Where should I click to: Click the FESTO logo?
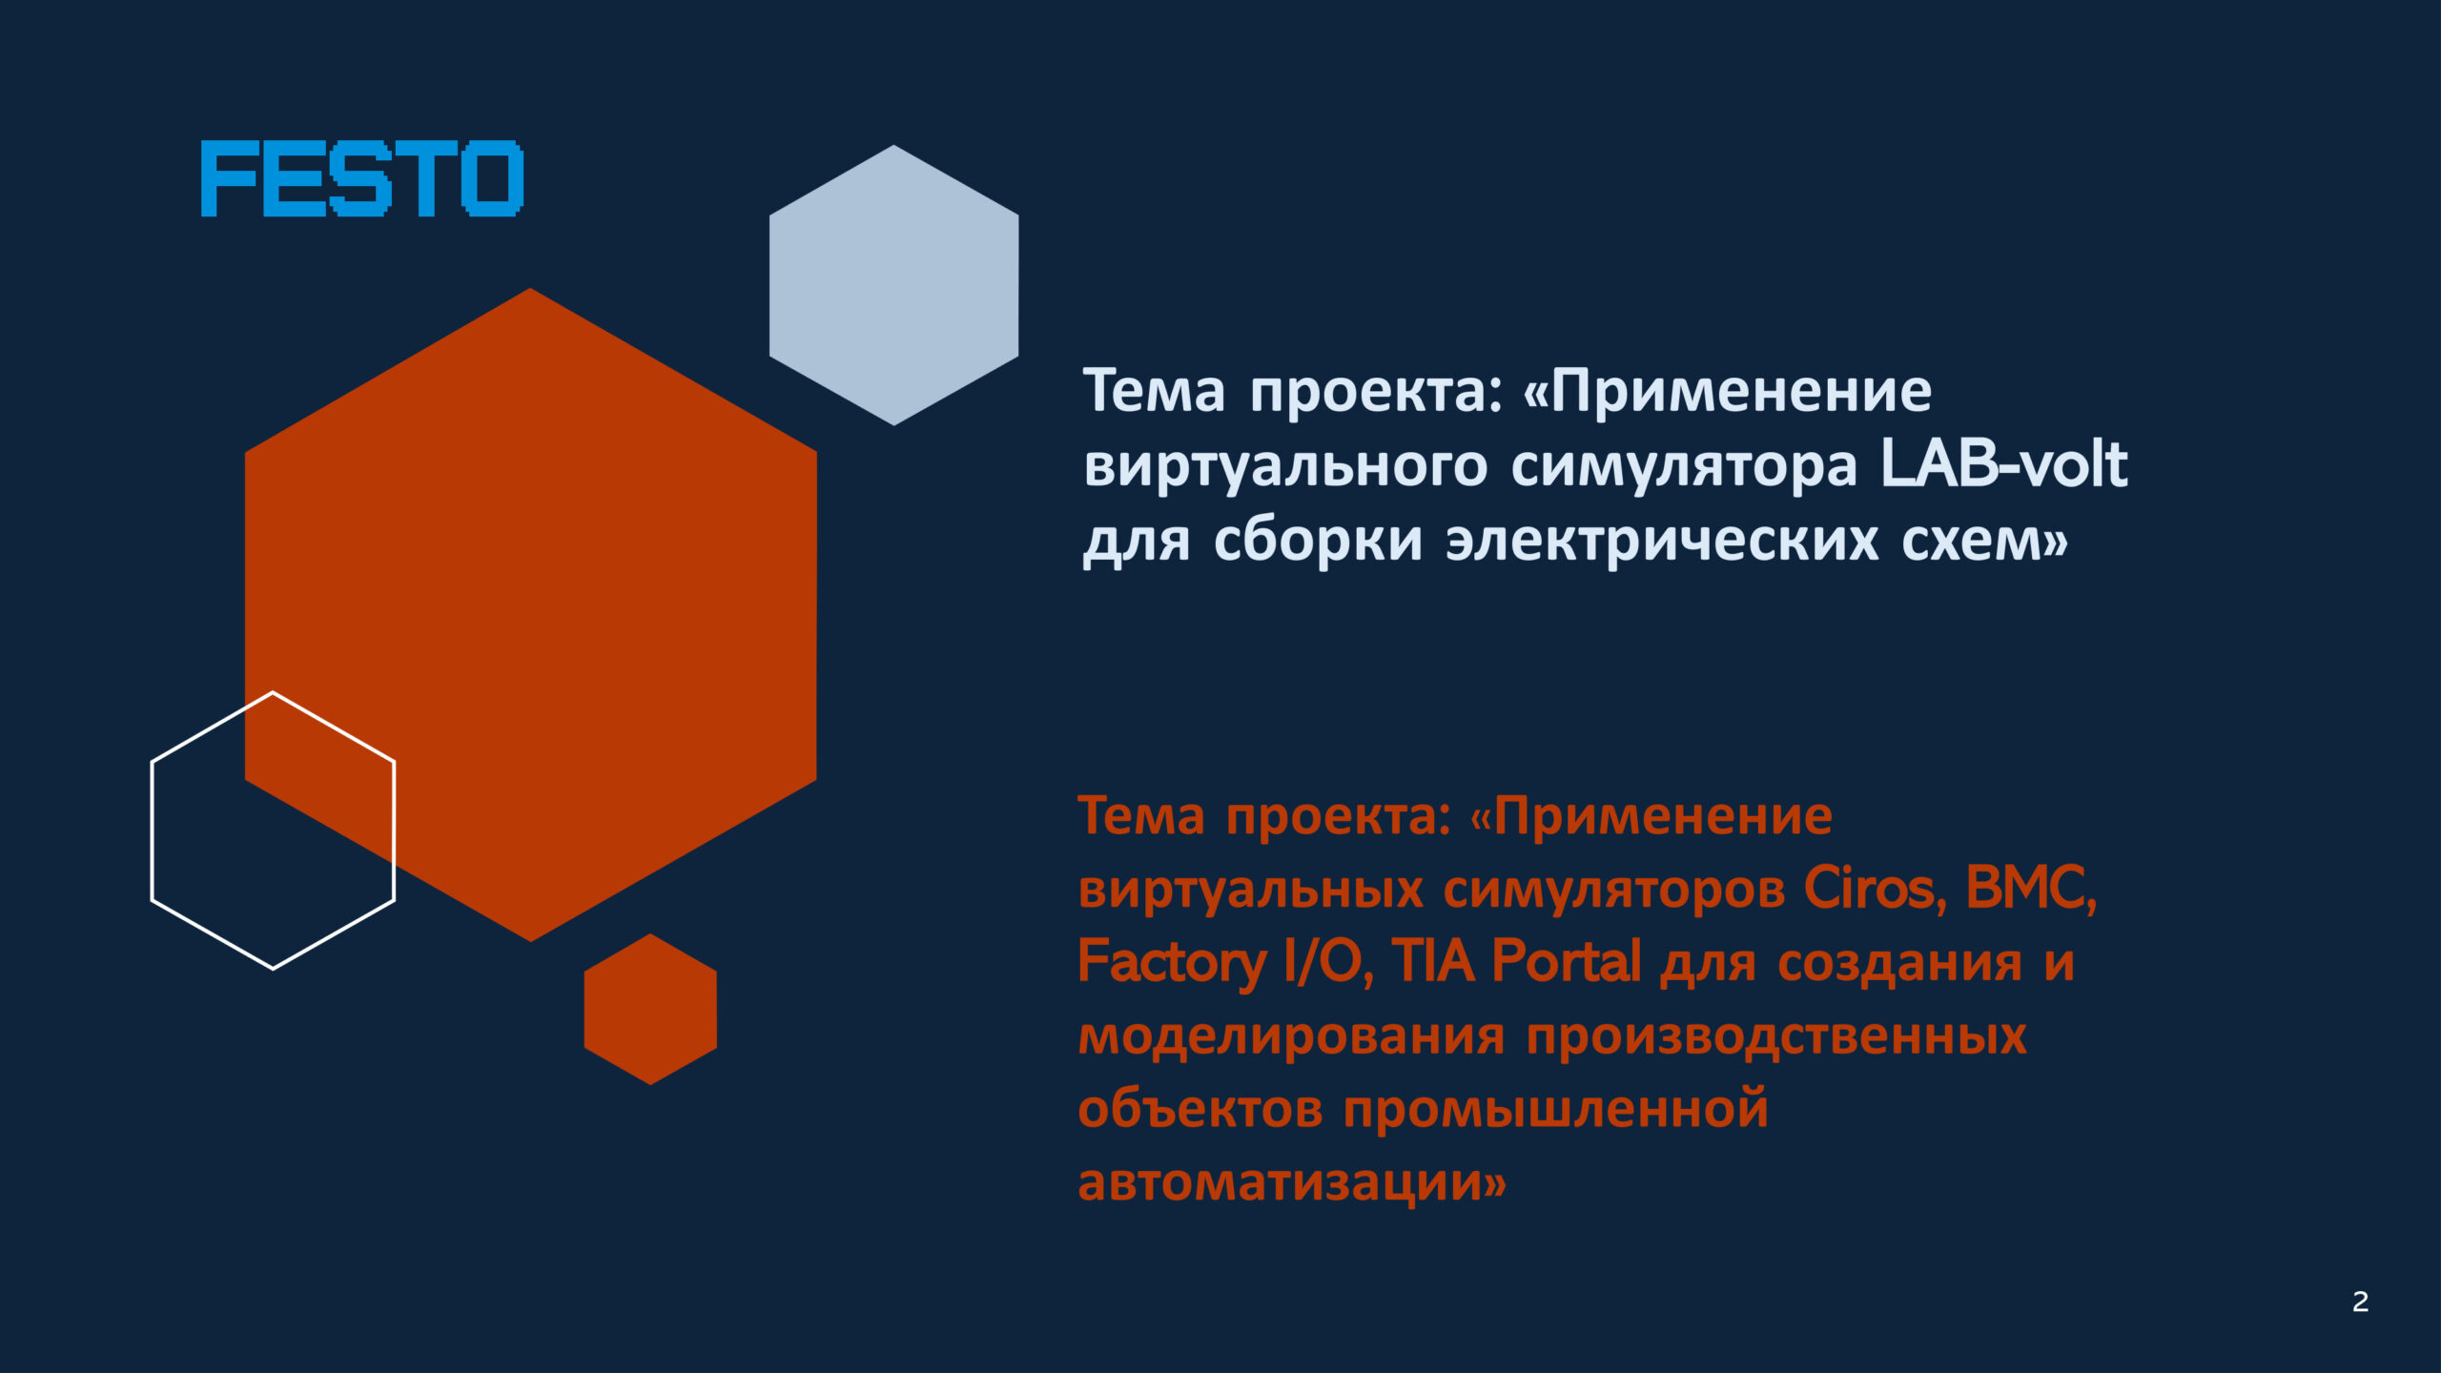pyautogui.click(x=362, y=178)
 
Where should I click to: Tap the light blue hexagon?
pyautogui.click(x=893, y=285)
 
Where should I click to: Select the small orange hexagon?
pyautogui.click(x=650, y=1009)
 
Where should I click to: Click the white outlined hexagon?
pyautogui.click(x=153, y=830)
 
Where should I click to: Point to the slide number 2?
pyautogui.click(x=2360, y=1301)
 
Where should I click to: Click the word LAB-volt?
pyautogui.click(x=2003, y=464)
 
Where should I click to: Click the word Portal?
pyautogui.click(x=1567, y=960)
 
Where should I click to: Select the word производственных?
pyautogui.click(x=1776, y=1036)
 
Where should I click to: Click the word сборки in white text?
pyautogui.click(x=1319, y=540)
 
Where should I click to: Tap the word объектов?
pyautogui.click(x=1200, y=1109)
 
